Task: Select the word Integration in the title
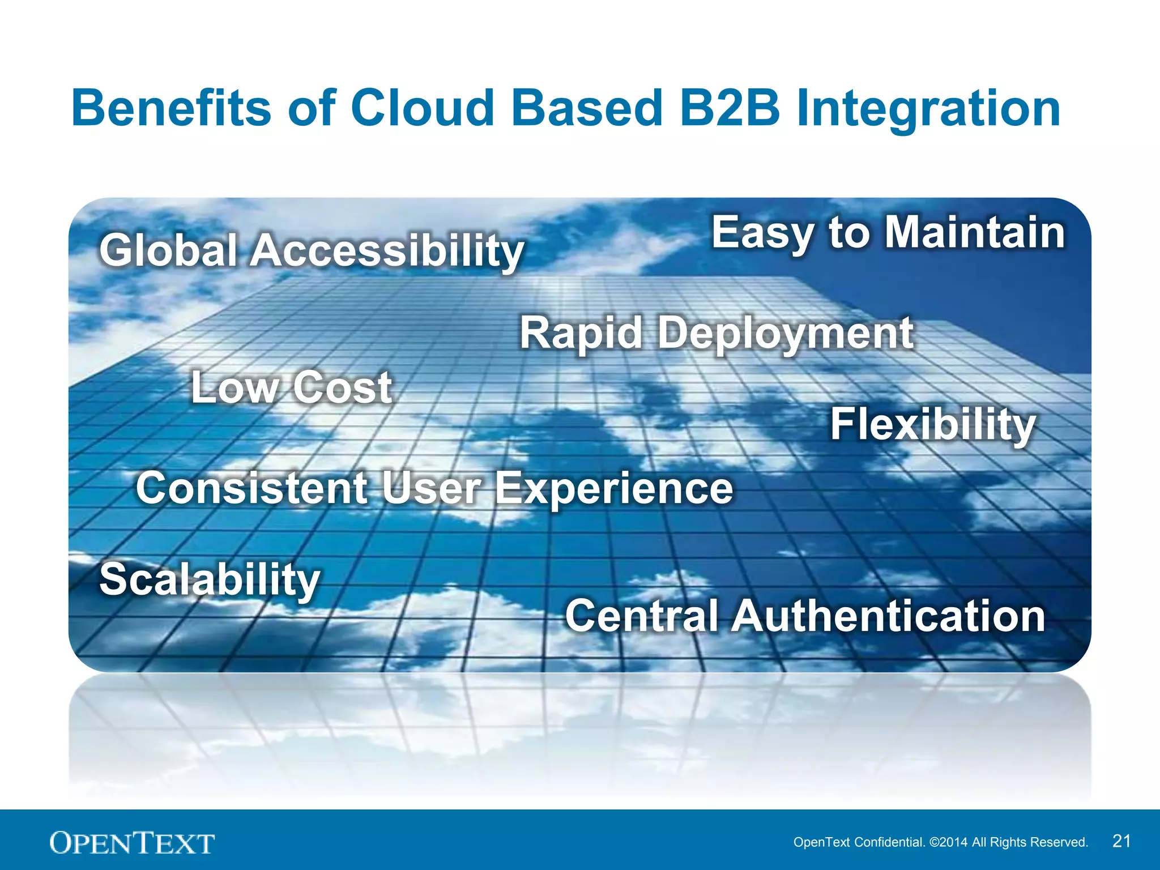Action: point(928,109)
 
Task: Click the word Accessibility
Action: point(387,251)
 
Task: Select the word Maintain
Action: point(975,232)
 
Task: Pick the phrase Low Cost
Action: point(291,387)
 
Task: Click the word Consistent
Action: point(251,488)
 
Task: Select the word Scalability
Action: point(210,580)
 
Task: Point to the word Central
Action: point(642,616)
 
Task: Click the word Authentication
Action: point(888,616)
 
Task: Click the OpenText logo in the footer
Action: point(132,843)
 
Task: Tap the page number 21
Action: point(1121,841)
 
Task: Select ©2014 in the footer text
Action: point(949,842)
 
